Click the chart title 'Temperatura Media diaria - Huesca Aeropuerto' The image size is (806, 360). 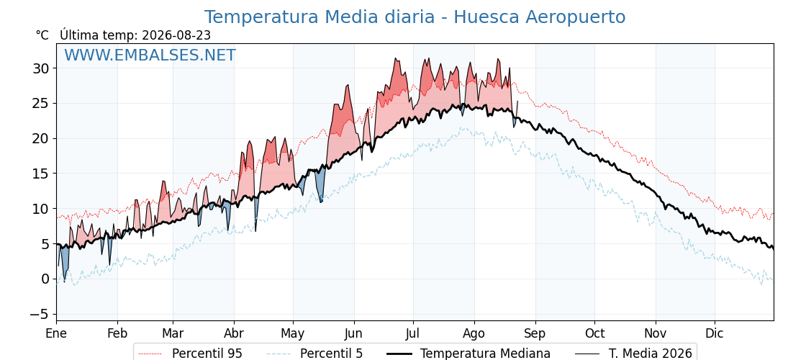click(x=415, y=17)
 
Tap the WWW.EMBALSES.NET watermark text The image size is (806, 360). click(x=150, y=55)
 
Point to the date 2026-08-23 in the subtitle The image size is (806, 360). click(x=176, y=35)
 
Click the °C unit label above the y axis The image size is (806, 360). click(x=42, y=35)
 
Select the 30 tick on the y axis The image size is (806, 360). click(x=42, y=68)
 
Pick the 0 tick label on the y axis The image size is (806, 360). click(x=46, y=279)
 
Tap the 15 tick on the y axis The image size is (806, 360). click(x=42, y=174)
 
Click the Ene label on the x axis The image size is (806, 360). click(x=57, y=333)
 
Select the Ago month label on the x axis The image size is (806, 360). click(x=474, y=333)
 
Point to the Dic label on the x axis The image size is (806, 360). click(x=715, y=333)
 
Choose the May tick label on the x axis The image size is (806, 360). click(x=293, y=333)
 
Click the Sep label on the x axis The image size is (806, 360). click(x=535, y=333)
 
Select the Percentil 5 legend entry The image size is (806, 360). click(x=314, y=354)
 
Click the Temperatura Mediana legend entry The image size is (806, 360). click(x=468, y=354)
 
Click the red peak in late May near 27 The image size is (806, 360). click(x=348, y=86)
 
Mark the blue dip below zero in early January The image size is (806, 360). click(x=64, y=281)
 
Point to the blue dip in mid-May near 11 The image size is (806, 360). click(x=321, y=201)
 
